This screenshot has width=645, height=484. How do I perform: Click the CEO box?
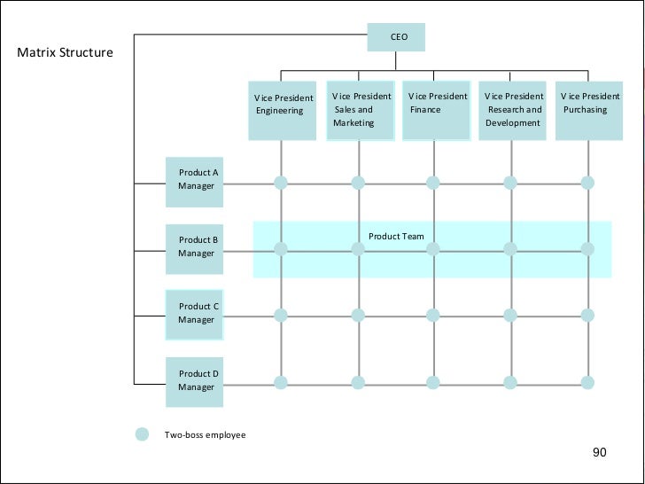[x=396, y=37]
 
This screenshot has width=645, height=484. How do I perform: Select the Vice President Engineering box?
[x=282, y=111]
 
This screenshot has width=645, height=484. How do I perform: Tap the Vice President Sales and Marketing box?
[x=361, y=111]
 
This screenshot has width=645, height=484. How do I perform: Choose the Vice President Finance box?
[x=435, y=111]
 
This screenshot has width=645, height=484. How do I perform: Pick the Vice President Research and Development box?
[x=512, y=111]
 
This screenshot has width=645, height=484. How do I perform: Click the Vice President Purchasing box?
[x=588, y=111]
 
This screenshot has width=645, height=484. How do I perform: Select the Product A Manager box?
[x=195, y=180]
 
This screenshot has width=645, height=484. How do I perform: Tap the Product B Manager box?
[x=195, y=247]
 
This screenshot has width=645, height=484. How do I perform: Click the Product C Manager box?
[x=195, y=314]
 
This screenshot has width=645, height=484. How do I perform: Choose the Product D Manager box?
[x=195, y=381]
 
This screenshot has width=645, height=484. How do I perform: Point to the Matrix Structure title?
[x=66, y=52]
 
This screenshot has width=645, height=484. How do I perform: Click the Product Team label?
[x=396, y=237]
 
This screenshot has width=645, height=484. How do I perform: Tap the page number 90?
[x=600, y=453]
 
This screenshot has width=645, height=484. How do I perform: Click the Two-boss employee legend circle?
[x=142, y=434]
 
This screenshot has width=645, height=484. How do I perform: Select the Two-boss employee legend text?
[x=205, y=435]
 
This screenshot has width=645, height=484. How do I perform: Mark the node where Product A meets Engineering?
[x=281, y=183]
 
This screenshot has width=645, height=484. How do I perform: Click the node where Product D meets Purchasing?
[x=587, y=383]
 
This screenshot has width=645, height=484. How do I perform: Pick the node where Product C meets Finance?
[x=432, y=315]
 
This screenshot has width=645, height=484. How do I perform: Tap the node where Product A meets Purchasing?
[x=587, y=183]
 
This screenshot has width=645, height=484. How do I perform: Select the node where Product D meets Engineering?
[x=281, y=383]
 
